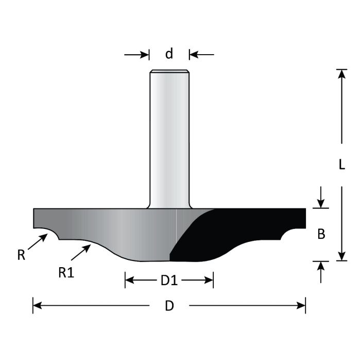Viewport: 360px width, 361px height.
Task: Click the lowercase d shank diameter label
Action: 169,54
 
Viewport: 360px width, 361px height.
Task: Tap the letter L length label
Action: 341,165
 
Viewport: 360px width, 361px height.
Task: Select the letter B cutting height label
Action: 321,234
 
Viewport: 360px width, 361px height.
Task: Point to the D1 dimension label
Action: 169,281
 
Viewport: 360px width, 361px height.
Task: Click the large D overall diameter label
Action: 169,306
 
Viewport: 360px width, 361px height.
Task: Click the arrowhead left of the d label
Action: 144,54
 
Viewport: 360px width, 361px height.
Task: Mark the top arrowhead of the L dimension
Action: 340,74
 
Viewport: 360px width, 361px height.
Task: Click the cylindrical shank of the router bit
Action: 169,139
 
